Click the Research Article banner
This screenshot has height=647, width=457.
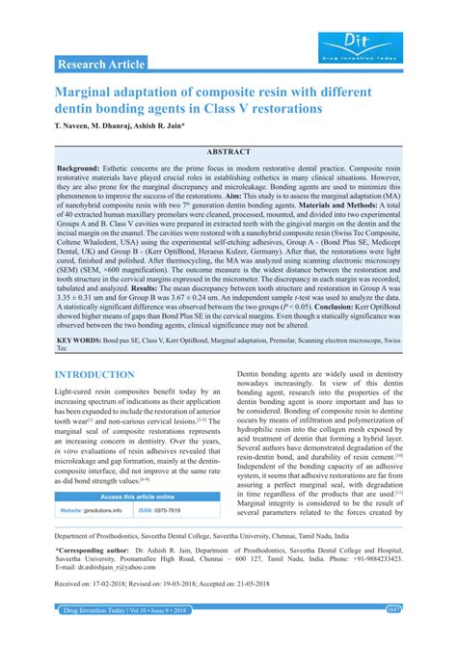click(101, 65)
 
